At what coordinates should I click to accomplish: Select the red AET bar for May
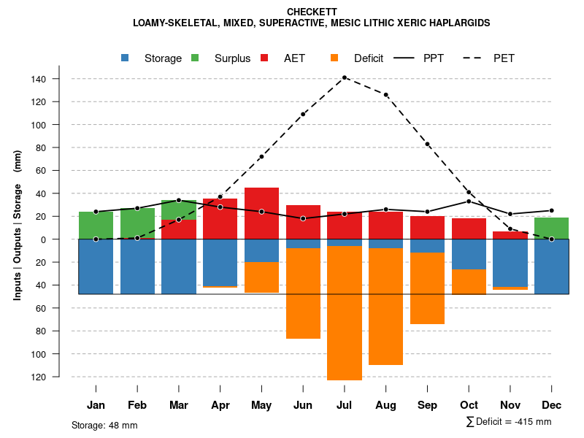261,213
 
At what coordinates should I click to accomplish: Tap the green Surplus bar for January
96,225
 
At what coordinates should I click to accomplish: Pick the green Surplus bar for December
551,228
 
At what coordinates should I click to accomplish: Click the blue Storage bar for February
137,266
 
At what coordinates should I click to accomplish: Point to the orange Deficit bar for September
427,288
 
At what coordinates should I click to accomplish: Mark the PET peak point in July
345,77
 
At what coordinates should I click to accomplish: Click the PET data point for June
303,114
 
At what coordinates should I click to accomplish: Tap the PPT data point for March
179,200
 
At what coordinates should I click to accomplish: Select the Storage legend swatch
126,58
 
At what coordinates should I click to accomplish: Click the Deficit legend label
368,58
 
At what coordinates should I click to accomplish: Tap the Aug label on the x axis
385,405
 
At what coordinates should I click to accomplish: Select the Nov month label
510,405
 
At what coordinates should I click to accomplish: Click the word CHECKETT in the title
312,12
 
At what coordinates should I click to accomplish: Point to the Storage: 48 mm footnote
104,425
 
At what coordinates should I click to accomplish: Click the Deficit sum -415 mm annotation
508,422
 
